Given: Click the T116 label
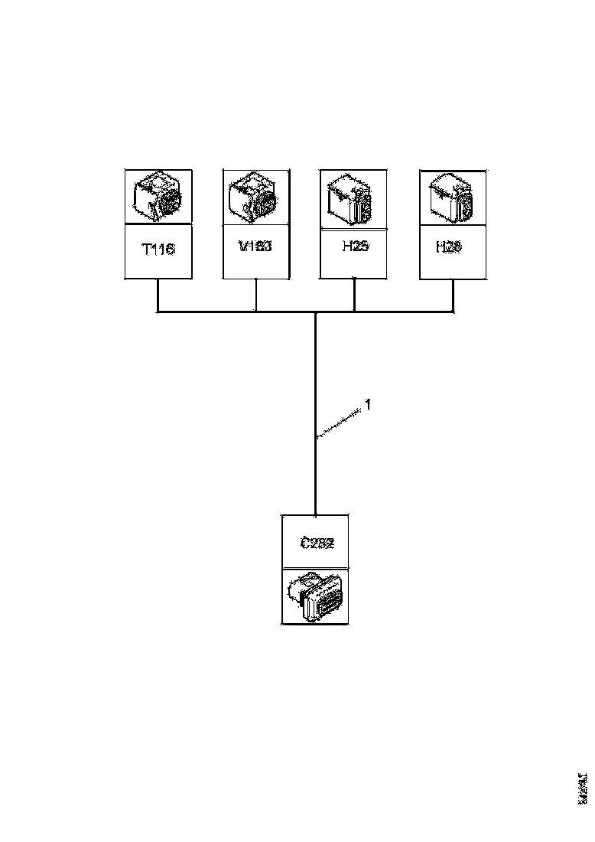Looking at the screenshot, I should (x=158, y=250).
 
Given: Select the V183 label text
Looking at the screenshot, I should (x=256, y=247).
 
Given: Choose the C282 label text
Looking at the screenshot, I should (x=316, y=542).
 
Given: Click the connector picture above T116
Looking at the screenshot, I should (x=158, y=197).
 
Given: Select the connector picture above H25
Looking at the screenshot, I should (x=353, y=197).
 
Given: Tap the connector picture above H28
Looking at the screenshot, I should (x=453, y=197).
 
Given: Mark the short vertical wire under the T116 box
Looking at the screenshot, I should (x=158, y=295).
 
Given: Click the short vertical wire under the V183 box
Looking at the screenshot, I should (x=256, y=295).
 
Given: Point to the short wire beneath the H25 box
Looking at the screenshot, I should (x=355, y=295).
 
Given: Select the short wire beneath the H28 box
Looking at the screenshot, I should (x=454, y=295).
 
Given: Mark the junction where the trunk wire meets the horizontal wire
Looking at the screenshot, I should (x=315, y=312).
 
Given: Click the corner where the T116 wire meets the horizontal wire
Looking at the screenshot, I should (x=158, y=312).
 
